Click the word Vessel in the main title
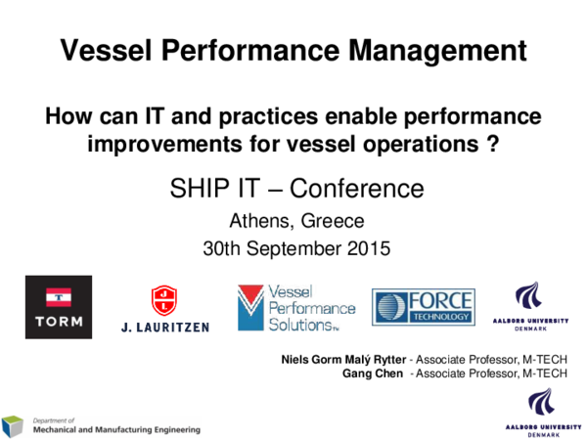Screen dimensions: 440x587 click(x=101, y=50)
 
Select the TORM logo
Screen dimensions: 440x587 click(x=59, y=307)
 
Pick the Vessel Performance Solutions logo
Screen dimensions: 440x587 click(x=296, y=308)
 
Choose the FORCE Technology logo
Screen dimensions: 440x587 click(x=423, y=308)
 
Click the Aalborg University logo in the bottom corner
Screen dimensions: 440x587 click(x=540, y=413)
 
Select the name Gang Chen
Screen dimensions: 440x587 click(x=373, y=373)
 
